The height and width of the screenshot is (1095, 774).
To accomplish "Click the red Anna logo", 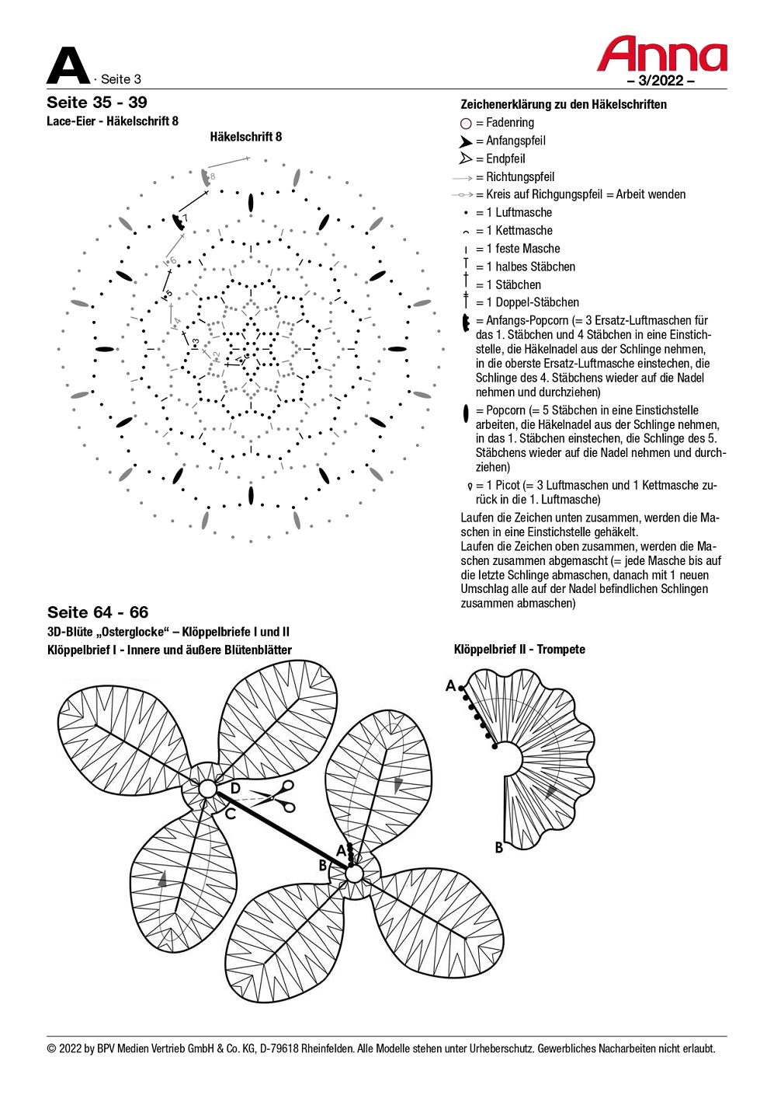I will point(661,54).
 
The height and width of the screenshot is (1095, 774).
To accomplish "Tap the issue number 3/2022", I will point(661,80).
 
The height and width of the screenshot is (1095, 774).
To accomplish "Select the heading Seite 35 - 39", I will point(97,103).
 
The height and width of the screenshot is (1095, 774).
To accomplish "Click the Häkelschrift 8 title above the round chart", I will point(246,137).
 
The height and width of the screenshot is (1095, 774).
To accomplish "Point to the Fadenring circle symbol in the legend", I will point(466,123).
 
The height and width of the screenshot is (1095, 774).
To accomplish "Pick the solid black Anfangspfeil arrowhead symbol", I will point(465,141).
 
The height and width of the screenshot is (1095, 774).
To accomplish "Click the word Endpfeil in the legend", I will point(505,159).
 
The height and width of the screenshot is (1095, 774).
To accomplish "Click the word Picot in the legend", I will point(507,485).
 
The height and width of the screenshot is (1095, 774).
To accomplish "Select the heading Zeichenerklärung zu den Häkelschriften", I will point(564,104).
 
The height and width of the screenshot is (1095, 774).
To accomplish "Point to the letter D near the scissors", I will point(235,789).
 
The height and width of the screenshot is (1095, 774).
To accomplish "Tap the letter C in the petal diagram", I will point(230,814).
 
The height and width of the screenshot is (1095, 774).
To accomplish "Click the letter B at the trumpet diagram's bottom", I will point(499,847).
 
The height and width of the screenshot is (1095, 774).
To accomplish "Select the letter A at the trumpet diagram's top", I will point(450,685).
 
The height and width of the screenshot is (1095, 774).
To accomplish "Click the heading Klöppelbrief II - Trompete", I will point(519,649).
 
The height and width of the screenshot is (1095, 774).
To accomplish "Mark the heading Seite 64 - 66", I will point(98,612).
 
